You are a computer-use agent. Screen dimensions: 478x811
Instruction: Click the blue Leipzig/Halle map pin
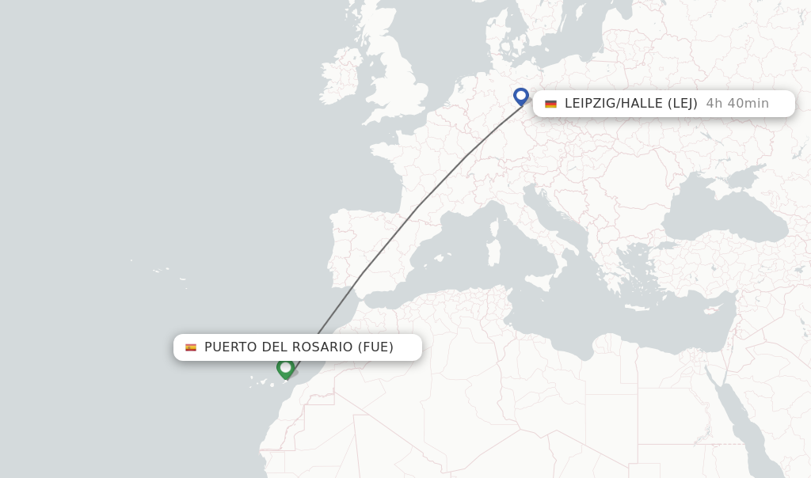[x=520, y=96]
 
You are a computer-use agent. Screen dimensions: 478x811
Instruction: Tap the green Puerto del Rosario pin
[x=285, y=368]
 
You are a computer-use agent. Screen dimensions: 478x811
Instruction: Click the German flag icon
[x=550, y=104]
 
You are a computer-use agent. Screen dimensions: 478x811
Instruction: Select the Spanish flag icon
[x=191, y=347]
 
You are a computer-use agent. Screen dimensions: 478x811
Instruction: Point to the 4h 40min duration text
[x=737, y=104]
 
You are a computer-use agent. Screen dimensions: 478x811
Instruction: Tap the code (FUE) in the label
[x=375, y=347]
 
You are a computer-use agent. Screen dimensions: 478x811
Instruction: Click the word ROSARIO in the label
[x=321, y=347]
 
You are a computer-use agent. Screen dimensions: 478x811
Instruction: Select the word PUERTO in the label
[x=229, y=347]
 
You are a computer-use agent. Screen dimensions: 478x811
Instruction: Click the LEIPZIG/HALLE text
[x=614, y=104]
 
